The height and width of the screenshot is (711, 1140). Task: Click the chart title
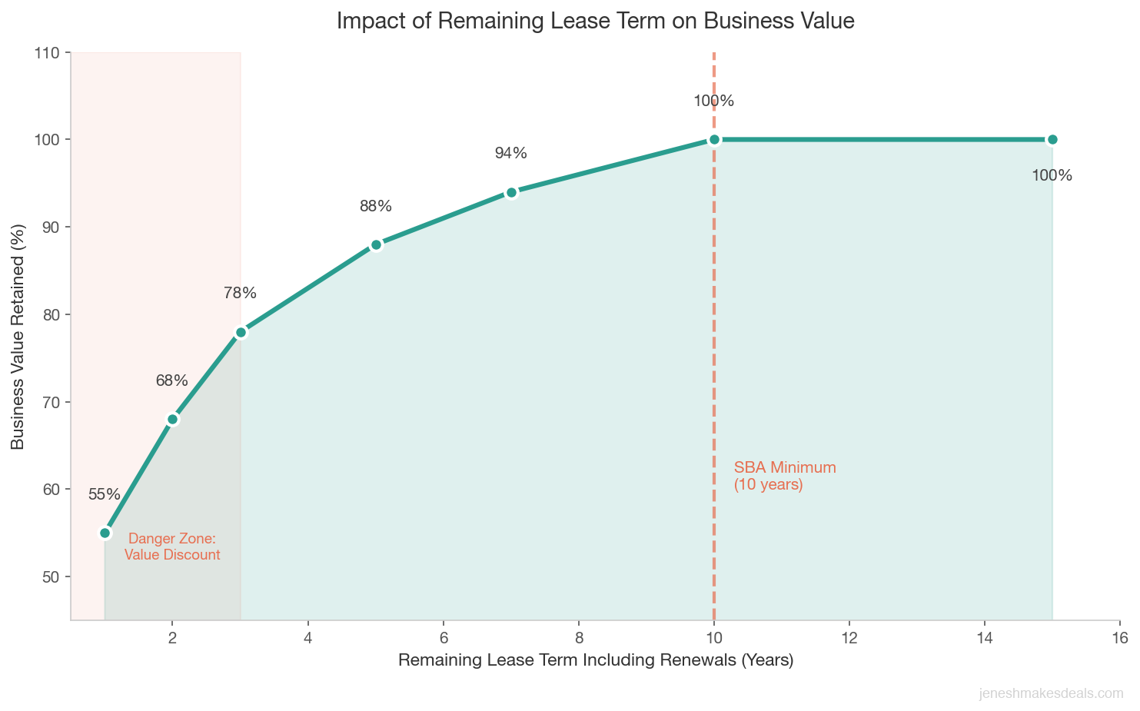pyautogui.click(x=595, y=22)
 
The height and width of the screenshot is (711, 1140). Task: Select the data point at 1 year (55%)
pyautogui.click(x=105, y=533)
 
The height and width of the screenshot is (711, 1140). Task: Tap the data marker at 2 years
pyautogui.click(x=173, y=419)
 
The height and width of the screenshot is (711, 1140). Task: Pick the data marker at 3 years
pyautogui.click(x=241, y=332)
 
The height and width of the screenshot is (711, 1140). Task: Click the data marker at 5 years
pyautogui.click(x=376, y=244)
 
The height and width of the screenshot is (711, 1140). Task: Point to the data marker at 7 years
pyautogui.click(x=511, y=192)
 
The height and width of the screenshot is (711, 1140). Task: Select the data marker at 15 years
pyautogui.click(x=1052, y=139)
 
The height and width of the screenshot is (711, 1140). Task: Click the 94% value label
pyautogui.click(x=511, y=154)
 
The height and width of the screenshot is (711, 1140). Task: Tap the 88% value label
pyautogui.click(x=376, y=206)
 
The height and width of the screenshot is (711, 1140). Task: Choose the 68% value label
pyautogui.click(x=171, y=380)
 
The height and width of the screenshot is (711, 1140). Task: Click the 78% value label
pyautogui.click(x=240, y=293)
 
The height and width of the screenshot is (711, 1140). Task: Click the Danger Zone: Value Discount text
pyautogui.click(x=172, y=547)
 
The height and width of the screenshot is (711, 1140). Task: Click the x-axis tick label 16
pyautogui.click(x=1119, y=638)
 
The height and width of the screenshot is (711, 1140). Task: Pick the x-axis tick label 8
pyautogui.click(x=579, y=638)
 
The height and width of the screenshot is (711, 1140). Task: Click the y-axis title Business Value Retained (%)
pyautogui.click(x=18, y=336)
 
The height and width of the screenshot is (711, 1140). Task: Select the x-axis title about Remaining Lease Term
pyautogui.click(x=595, y=660)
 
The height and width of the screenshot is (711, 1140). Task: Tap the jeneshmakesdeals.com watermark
pyautogui.click(x=1051, y=693)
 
